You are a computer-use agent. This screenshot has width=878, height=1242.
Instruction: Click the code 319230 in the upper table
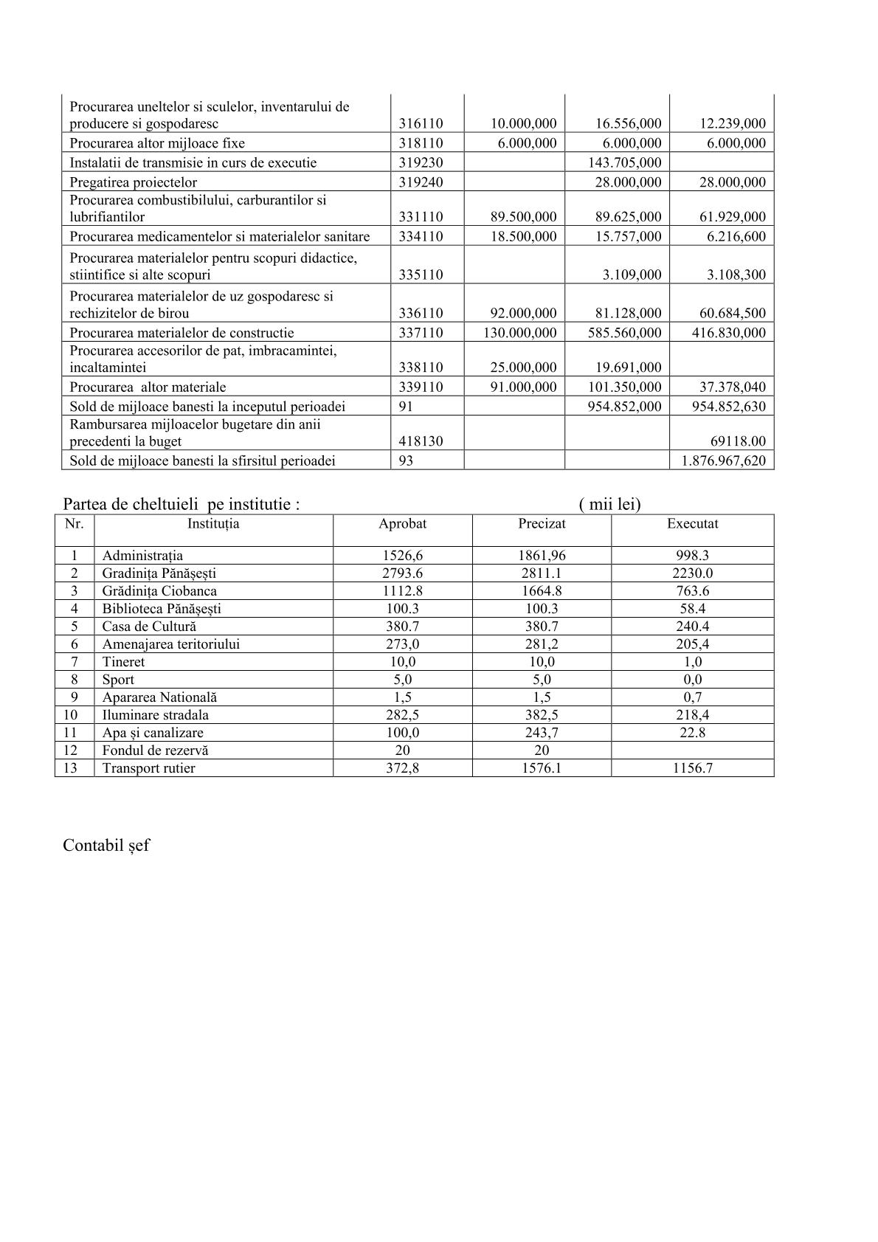click(x=421, y=162)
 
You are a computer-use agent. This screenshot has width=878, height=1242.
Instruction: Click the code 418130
click(x=421, y=441)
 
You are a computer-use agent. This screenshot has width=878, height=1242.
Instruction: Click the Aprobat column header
click(x=402, y=523)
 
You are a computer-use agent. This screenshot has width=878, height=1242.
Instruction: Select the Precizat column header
click(x=542, y=523)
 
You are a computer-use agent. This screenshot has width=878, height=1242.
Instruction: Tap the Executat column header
click(x=692, y=523)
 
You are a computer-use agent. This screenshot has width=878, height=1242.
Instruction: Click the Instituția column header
click(x=213, y=523)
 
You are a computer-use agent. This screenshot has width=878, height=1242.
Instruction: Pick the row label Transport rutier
click(x=149, y=767)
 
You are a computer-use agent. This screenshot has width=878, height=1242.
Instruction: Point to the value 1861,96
click(x=542, y=555)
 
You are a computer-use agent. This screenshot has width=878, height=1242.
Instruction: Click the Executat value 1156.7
click(x=692, y=767)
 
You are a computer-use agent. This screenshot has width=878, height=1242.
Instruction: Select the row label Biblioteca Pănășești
click(x=162, y=608)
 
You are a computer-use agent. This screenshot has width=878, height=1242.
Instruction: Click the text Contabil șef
click(x=106, y=845)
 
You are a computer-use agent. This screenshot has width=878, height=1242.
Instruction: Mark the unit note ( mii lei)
click(x=610, y=504)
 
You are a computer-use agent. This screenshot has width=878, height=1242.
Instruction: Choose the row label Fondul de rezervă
click(x=156, y=750)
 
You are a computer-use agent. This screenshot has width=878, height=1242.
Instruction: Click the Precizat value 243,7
click(x=542, y=732)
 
